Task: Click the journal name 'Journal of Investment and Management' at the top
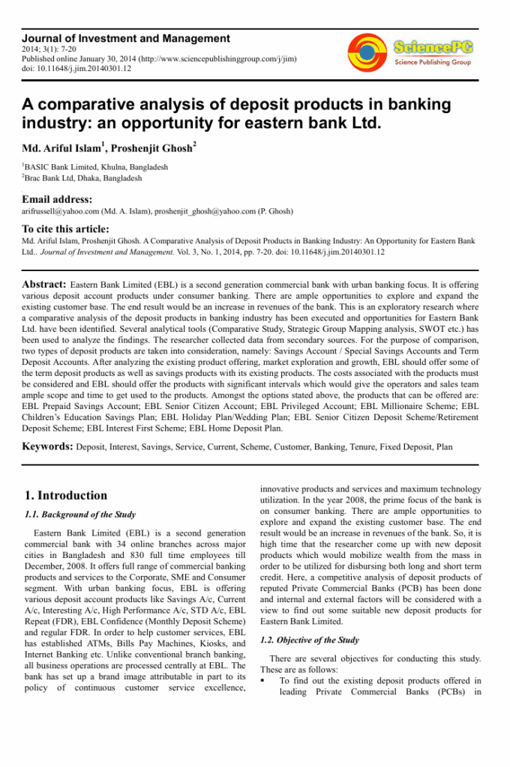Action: [x=125, y=38]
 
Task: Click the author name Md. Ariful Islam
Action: [x=59, y=148]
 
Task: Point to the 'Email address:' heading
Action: [x=57, y=199]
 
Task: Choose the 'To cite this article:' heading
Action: [x=65, y=229]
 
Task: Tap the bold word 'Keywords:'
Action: [x=47, y=446]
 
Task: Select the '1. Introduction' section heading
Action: [x=66, y=495]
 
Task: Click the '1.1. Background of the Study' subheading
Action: [x=80, y=515]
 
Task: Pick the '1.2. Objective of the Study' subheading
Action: [x=309, y=640]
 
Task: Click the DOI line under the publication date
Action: [x=76, y=68]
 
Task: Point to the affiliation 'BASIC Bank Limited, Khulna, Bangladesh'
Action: [x=96, y=167]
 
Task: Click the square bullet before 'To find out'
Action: [x=263, y=681]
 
